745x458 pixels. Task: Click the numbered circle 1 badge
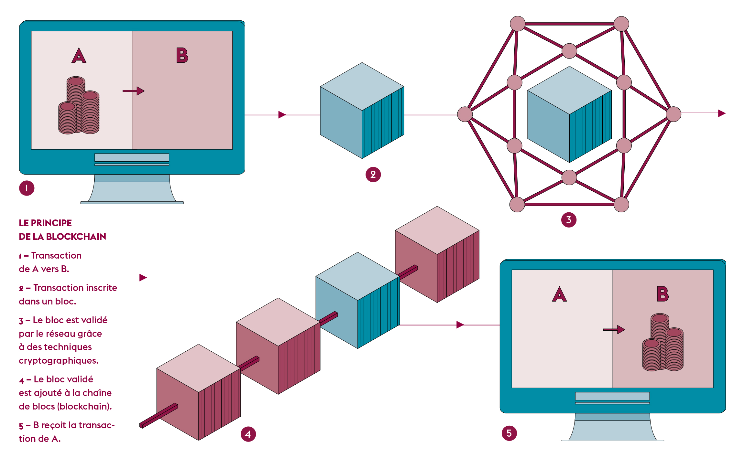[27, 188]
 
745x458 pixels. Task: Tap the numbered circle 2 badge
[373, 175]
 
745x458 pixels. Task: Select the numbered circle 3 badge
[569, 220]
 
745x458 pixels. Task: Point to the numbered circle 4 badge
[248, 434]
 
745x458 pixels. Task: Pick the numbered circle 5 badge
[509, 433]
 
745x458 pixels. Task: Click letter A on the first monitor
[79, 56]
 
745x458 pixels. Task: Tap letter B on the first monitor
[182, 55]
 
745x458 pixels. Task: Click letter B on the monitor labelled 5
[663, 294]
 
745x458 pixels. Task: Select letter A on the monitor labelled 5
[559, 294]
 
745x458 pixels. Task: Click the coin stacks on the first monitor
[79, 106]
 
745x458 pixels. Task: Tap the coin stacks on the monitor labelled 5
[663, 343]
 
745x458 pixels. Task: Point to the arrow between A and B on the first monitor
[134, 91]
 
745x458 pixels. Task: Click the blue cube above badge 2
[362, 111]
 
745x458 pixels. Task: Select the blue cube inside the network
[569, 114]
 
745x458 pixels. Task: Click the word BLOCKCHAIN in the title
[76, 237]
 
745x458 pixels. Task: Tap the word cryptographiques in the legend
[59, 360]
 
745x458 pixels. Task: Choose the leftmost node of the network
[465, 114]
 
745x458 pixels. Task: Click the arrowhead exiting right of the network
[722, 113]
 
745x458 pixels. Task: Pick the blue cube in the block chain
[357, 300]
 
